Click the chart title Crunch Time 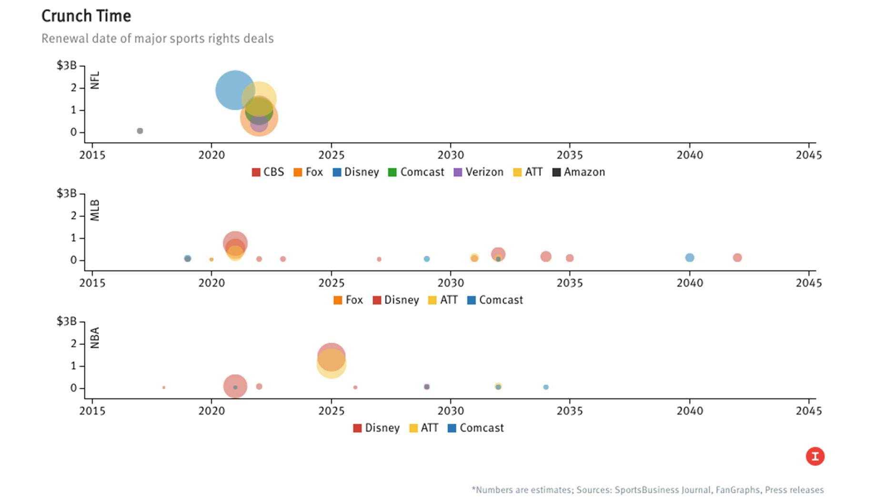(x=86, y=16)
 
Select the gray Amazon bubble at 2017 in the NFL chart (x=140, y=131)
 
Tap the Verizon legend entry (x=478, y=172)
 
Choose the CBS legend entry (x=268, y=172)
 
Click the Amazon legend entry (x=578, y=172)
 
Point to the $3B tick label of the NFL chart (x=66, y=65)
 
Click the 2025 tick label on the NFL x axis (x=331, y=155)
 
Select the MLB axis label (x=95, y=210)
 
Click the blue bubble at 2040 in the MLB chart (x=689, y=258)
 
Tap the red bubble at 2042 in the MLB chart (x=737, y=258)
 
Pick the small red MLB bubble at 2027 (x=379, y=259)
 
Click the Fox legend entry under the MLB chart (x=348, y=300)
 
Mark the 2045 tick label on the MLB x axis (x=808, y=283)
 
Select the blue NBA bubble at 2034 (x=546, y=387)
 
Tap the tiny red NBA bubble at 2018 (x=164, y=387)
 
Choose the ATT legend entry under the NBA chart (x=423, y=428)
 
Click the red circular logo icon (x=815, y=457)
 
